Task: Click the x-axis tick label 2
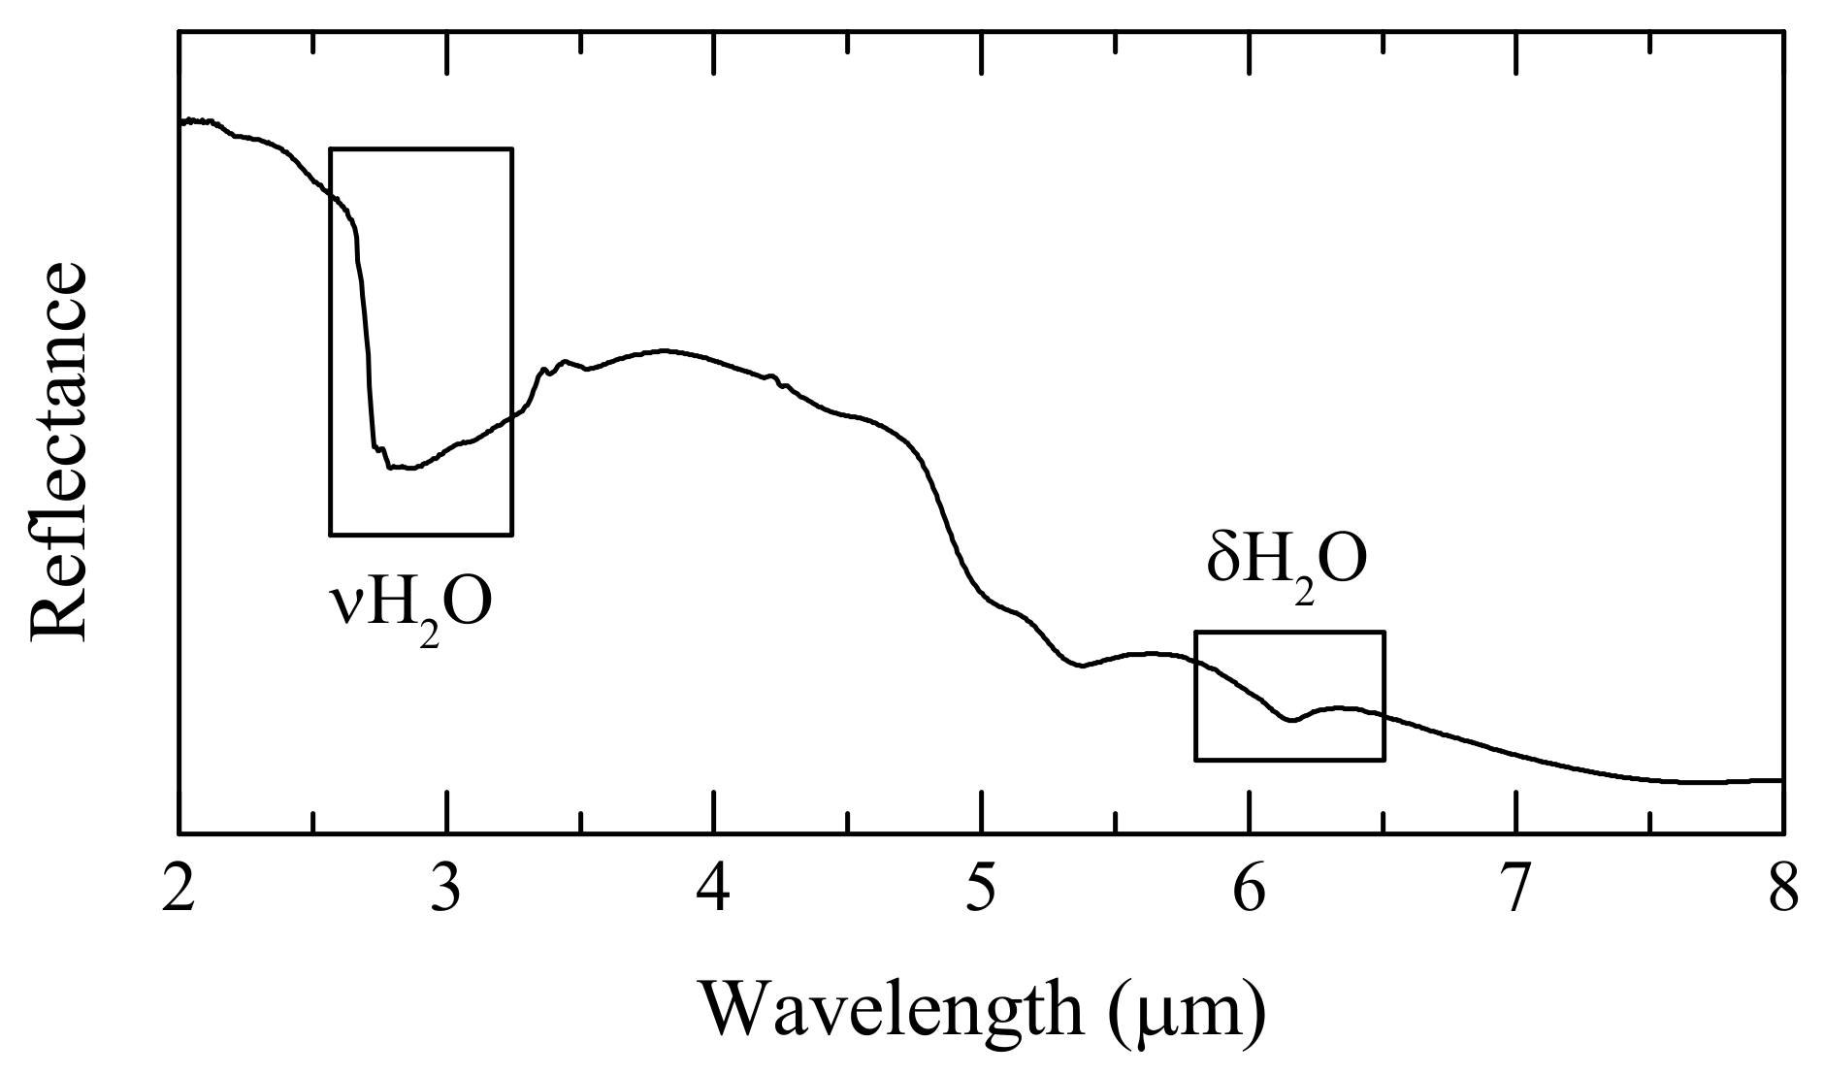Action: pos(179,889)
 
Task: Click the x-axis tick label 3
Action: pos(446,889)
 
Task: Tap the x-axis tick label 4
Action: pos(713,889)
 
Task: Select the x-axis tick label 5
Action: pos(982,889)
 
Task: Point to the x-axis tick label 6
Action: pos(1249,889)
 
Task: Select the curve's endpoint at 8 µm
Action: pos(1781,779)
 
